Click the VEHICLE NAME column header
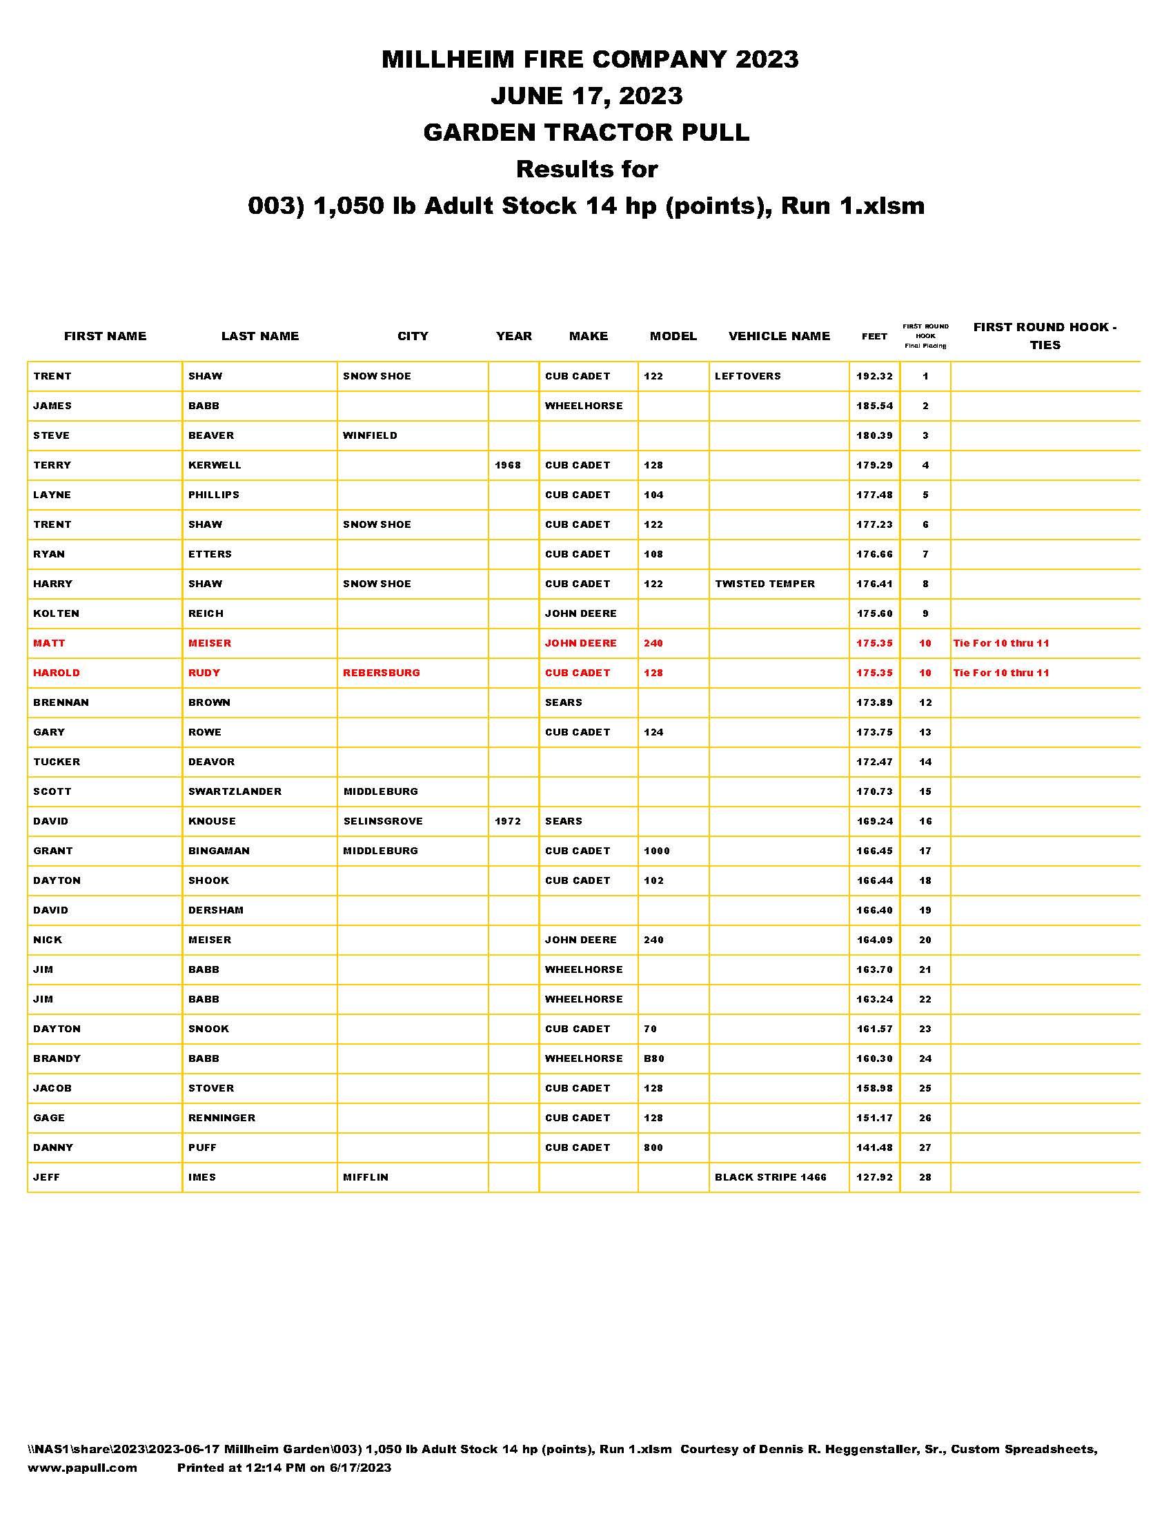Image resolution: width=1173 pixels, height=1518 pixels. pyautogui.click(x=778, y=337)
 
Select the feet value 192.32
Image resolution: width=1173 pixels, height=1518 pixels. pyautogui.click(x=874, y=376)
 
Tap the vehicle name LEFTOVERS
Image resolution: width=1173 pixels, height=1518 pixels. pyautogui.click(x=747, y=376)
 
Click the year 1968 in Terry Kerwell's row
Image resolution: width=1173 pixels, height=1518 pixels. pyautogui.click(x=507, y=465)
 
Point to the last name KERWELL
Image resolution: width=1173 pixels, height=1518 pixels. pyautogui.click(x=215, y=465)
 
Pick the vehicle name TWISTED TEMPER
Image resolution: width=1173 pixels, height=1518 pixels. pyautogui.click(x=765, y=584)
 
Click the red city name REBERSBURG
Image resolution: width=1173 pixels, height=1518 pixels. pyautogui.click(x=381, y=673)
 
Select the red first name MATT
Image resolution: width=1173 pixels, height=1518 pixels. pyautogui.click(x=50, y=643)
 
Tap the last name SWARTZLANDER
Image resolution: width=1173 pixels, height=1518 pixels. pyautogui.click(x=235, y=791)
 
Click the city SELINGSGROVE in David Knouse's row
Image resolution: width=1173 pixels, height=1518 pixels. pyautogui.click(x=383, y=821)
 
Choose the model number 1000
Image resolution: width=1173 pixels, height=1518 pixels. pyautogui.click(x=657, y=851)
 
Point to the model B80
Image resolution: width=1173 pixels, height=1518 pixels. pyautogui.click(x=654, y=1058)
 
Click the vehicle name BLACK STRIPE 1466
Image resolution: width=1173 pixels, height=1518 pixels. pyautogui.click(x=771, y=1177)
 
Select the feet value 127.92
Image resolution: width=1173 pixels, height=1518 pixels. pyautogui.click(x=874, y=1177)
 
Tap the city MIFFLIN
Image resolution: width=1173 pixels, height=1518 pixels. pyautogui.click(x=366, y=1177)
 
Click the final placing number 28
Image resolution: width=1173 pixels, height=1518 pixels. pyautogui.click(x=925, y=1177)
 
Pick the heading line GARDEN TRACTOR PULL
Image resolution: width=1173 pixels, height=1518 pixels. pyautogui.click(x=586, y=132)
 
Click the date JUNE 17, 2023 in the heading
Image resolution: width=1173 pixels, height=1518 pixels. pyautogui.click(x=586, y=95)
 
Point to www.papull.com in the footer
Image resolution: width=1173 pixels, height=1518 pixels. pyautogui.click(x=82, y=1468)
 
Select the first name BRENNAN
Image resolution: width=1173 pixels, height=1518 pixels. pyautogui.click(x=61, y=702)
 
